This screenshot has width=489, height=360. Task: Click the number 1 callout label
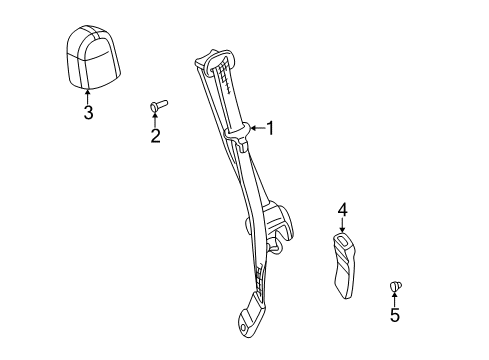point(268,127)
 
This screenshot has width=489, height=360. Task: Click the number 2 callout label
point(155,136)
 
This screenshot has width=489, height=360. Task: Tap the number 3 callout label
point(88,113)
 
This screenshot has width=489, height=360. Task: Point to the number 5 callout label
point(394,317)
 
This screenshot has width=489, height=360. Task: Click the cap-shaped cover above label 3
point(88,59)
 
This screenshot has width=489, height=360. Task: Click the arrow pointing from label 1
point(254,127)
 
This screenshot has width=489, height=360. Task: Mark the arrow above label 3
point(88,96)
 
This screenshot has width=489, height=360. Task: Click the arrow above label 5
point(394,301)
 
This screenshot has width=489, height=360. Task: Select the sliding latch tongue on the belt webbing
point(243,135)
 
